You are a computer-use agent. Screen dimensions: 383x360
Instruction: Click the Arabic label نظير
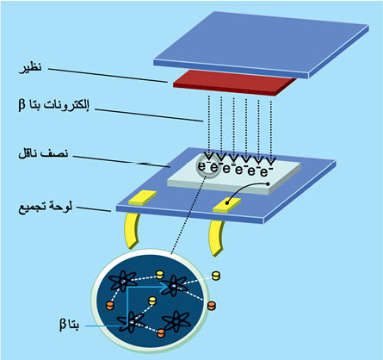point(31,68)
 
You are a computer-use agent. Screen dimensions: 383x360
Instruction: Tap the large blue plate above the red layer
point(261,45)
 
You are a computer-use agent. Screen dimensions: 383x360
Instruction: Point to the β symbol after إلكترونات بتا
point(22,105)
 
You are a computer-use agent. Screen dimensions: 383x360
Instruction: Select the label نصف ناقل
point(43,153)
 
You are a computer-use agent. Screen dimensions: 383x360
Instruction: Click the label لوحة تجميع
point(46,208)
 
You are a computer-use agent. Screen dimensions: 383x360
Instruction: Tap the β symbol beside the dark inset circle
point(63,325)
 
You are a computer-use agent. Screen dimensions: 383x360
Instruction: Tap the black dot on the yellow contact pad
point(227,203)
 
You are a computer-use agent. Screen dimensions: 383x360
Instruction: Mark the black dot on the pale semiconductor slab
point(268,183)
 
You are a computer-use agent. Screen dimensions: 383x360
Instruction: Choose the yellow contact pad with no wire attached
point(142,197)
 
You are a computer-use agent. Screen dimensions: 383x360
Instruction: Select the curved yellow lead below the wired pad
point(215,237)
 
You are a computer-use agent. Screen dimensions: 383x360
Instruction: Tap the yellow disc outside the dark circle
point(216,276)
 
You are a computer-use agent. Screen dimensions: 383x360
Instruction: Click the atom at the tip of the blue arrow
point(174,286)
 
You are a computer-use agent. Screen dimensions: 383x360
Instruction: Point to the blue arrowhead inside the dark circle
point(164,286)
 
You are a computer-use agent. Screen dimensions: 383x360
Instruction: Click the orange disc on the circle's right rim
point(211,306)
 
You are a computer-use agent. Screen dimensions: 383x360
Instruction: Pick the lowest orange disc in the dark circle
point(161,333)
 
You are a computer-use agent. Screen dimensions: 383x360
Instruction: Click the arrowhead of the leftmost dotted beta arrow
point(209,157)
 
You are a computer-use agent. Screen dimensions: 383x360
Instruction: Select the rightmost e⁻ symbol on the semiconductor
point(264,171)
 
